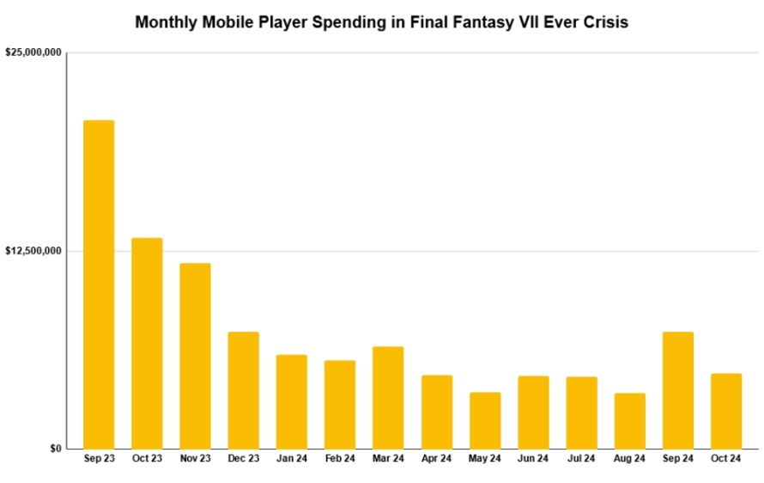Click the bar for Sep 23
coord(99,284)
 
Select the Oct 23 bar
coord(147,343)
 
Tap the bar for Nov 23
coord(195,356)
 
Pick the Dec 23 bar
coord(243,390)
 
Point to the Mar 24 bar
coord(388,397)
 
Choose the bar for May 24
coord(485,420)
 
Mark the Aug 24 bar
coord(629,420)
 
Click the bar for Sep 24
coord(678,390)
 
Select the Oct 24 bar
coord(726,411)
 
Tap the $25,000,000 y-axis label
coord(33,52)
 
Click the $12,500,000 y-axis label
coord(33,251)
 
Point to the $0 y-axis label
coord(55,449)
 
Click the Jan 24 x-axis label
coord(292,459)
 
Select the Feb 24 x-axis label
coord(340,459)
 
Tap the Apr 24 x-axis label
coord(436,459)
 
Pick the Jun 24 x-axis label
coord(533,459)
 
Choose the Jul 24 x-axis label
coord(581,459)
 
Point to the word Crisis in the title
coord(606,23)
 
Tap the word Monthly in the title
coord(167,23)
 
